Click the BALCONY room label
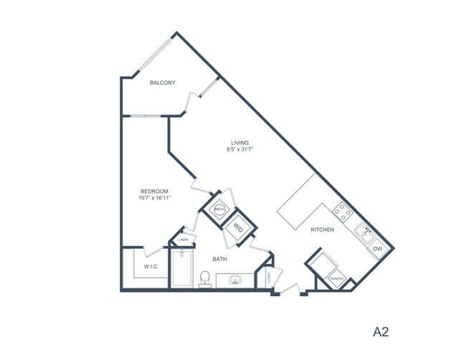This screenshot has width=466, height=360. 162,83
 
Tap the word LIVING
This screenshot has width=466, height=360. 240,142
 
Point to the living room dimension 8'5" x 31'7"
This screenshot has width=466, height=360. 240,150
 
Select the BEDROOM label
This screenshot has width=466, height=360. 154,191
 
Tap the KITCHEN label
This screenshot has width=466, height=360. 323,230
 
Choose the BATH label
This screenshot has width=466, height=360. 220,259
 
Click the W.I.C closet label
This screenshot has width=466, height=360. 151,267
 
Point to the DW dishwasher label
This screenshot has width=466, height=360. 377,250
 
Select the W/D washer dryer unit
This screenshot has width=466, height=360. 236,229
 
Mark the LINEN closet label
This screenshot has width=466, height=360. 184,240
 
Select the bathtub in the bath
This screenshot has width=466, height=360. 182,269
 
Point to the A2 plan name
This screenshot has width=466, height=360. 381,331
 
